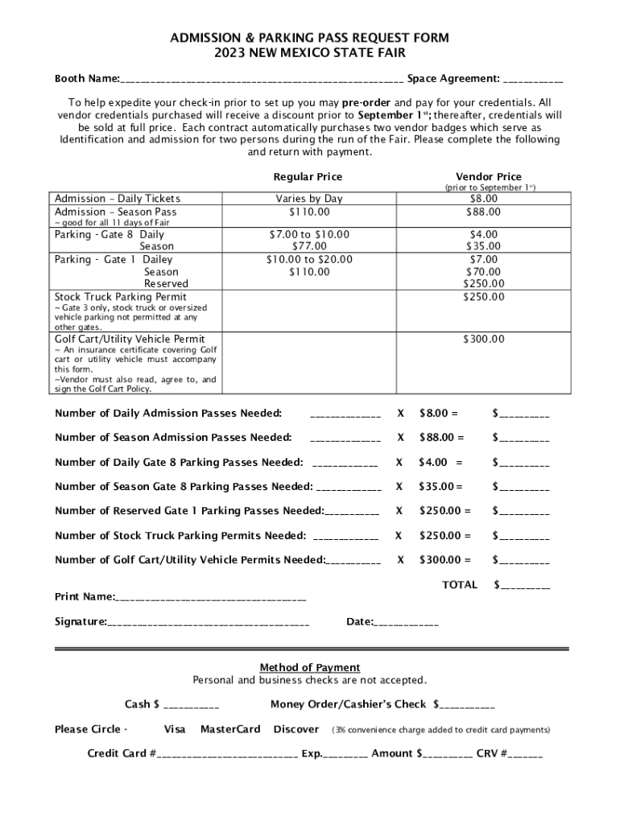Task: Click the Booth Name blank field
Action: pos(262,80)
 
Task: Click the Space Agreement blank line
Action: pos(534,80)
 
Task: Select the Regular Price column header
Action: pos(308,177)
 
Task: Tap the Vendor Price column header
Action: pos(488,177)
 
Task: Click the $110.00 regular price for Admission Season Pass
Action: pos(309,212)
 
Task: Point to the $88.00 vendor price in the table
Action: pos(483,212)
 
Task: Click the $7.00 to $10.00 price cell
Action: pos(309,234)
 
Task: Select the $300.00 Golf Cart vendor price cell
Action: pos(483,339)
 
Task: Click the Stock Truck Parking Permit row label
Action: pos(120,296)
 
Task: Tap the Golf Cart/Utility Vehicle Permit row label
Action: pos(130,339)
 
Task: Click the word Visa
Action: pos(175,729)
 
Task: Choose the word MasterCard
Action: pos(230,729)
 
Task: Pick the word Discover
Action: pos(296,729)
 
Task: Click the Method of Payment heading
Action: pos(310,667)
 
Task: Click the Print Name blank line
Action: pos(212,597)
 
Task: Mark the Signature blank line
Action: pos(209,622)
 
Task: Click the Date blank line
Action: pos(407,622)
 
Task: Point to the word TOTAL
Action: pos(460,585)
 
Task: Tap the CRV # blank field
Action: pos(526,755)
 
